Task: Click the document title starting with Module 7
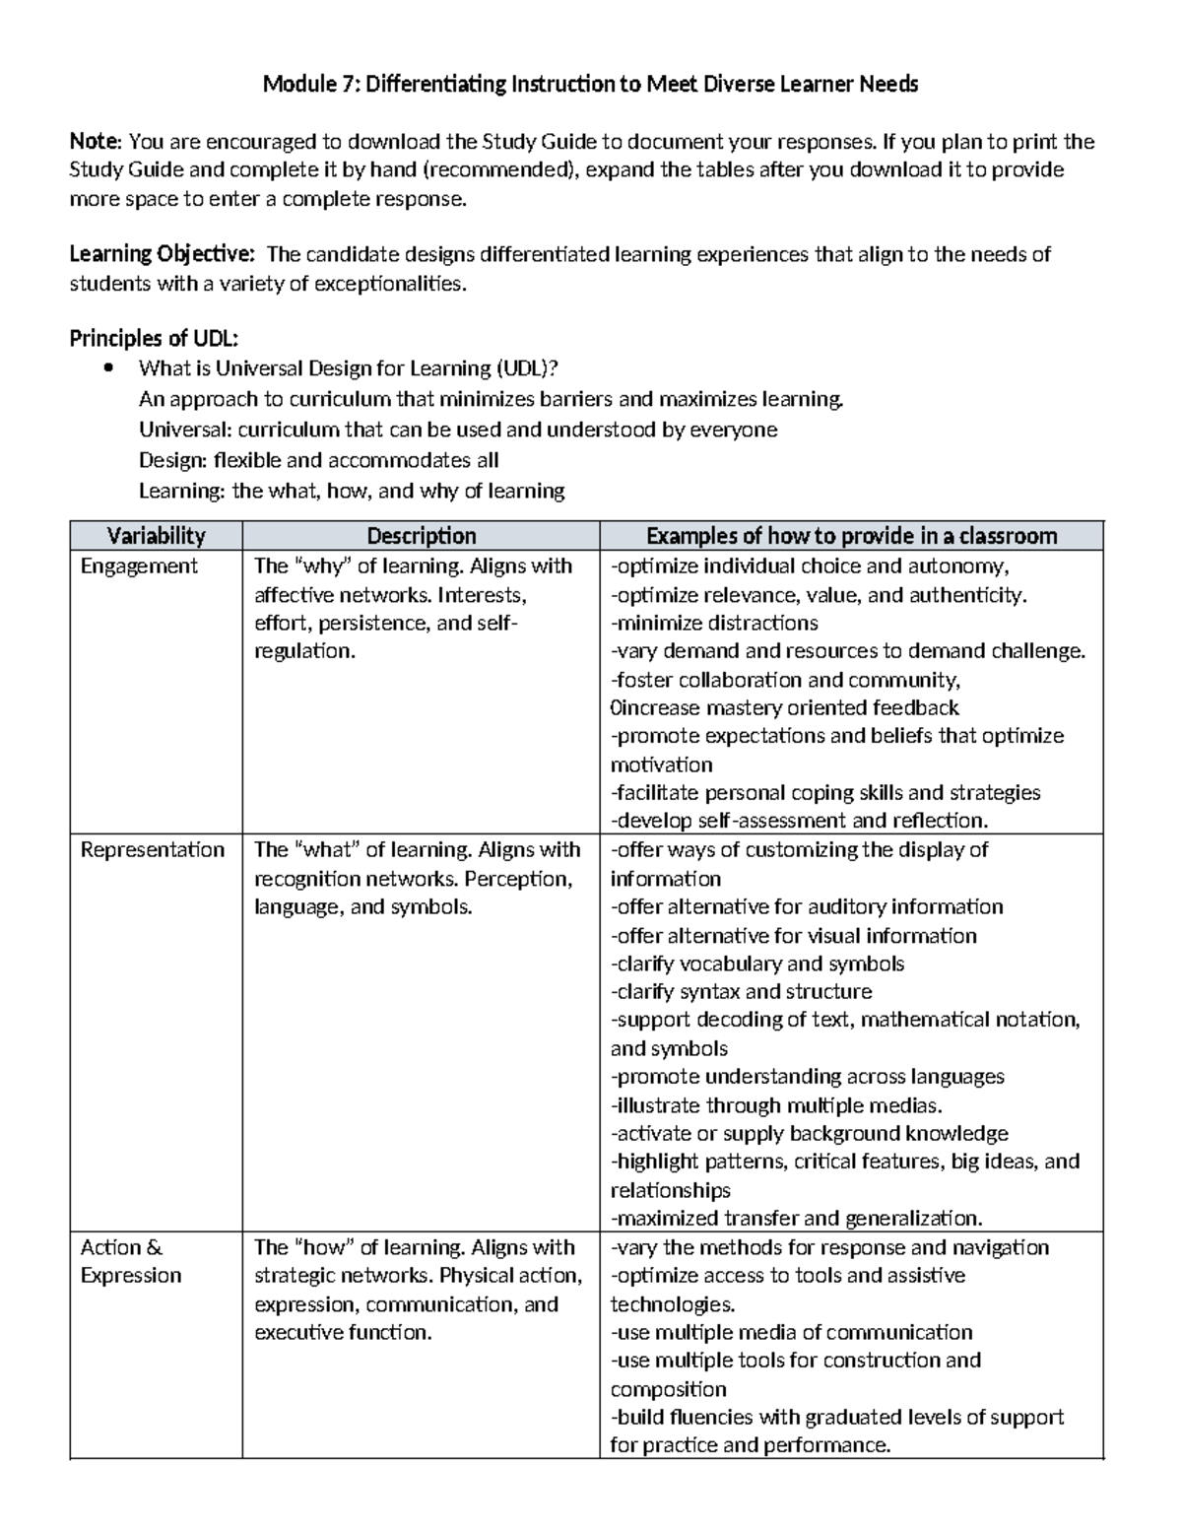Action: (x=590, y=85)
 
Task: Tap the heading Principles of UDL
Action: (x=154, y=339)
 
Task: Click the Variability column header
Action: (x=156, y=536)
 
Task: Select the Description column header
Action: (x=421, y=536)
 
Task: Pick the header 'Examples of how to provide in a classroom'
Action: (x=851, y=536)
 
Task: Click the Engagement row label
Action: (x=139, y=566)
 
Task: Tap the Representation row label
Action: (x=152, y=850)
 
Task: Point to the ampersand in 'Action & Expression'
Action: (x=154, y=1248)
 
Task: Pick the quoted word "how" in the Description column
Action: (x=324, y=1248)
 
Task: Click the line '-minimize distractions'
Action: (x=714, y=624)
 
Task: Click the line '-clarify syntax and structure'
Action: (x=741, y=992)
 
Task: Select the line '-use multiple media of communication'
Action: (x=791, y=1333)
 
